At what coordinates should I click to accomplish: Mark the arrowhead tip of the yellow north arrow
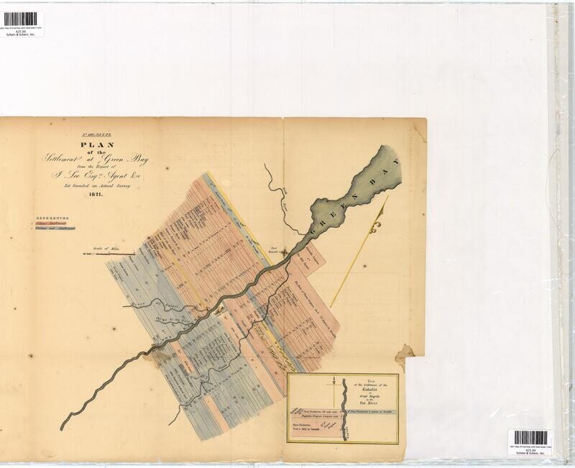point(389,196)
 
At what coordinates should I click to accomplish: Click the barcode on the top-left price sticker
point(20,19)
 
